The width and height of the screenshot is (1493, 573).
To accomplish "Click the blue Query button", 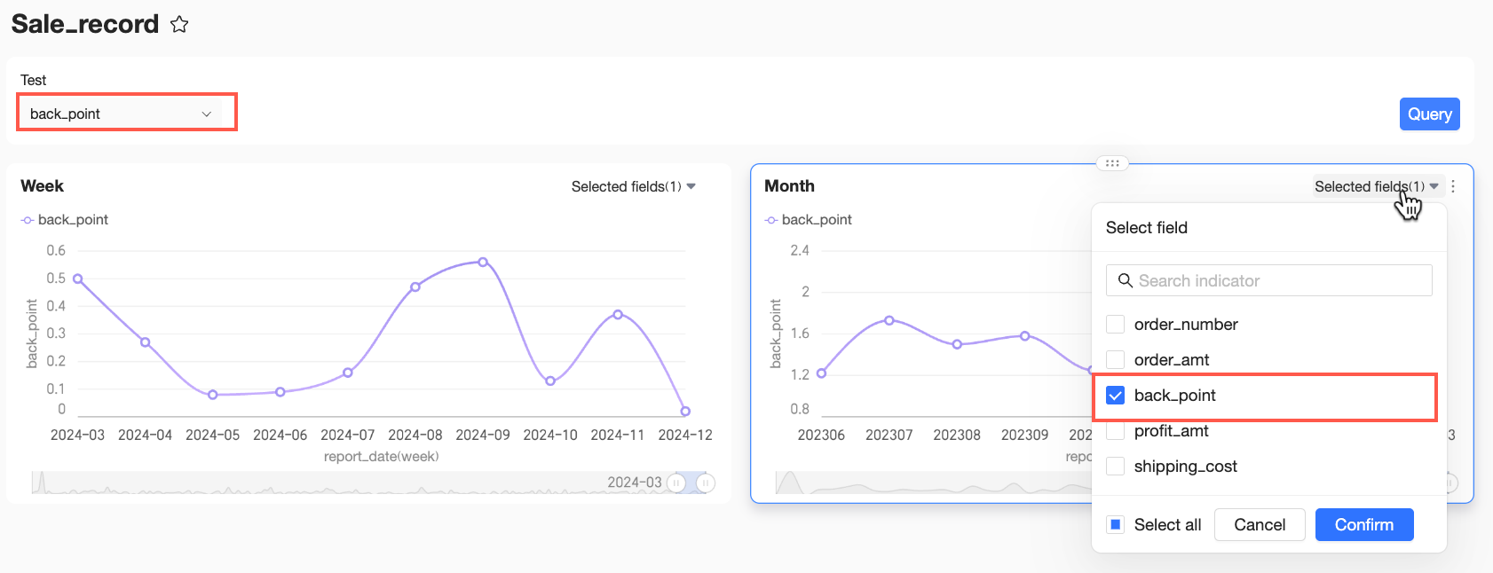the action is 1429,114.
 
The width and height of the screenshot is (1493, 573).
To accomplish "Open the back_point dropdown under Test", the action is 127,114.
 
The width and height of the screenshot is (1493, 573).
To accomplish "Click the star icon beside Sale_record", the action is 179,25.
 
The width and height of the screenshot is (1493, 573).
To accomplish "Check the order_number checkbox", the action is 1115,325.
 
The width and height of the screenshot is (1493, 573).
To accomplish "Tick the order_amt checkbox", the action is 1115,360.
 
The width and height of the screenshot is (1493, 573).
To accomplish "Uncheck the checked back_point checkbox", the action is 1115,395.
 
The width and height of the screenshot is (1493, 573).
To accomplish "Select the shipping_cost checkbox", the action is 1115,467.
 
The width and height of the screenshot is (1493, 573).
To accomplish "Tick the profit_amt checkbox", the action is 1115,431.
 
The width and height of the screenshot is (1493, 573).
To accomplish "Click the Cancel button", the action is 1259,524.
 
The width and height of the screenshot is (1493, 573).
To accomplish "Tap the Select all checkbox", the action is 1115,524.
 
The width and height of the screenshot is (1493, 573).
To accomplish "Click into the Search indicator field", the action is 1269,280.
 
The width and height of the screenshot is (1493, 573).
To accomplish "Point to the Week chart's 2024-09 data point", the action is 483,263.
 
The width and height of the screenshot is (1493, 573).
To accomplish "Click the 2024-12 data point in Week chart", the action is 685,411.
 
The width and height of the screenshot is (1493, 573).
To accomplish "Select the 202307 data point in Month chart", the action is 889,320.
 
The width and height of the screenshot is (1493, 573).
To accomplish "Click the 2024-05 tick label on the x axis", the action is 213,436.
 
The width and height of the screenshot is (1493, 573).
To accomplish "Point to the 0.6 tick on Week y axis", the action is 56,250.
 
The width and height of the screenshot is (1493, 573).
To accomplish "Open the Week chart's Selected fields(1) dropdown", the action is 633,186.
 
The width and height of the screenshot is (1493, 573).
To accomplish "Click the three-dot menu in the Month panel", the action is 1453,186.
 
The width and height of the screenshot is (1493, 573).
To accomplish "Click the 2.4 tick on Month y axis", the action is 799,250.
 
